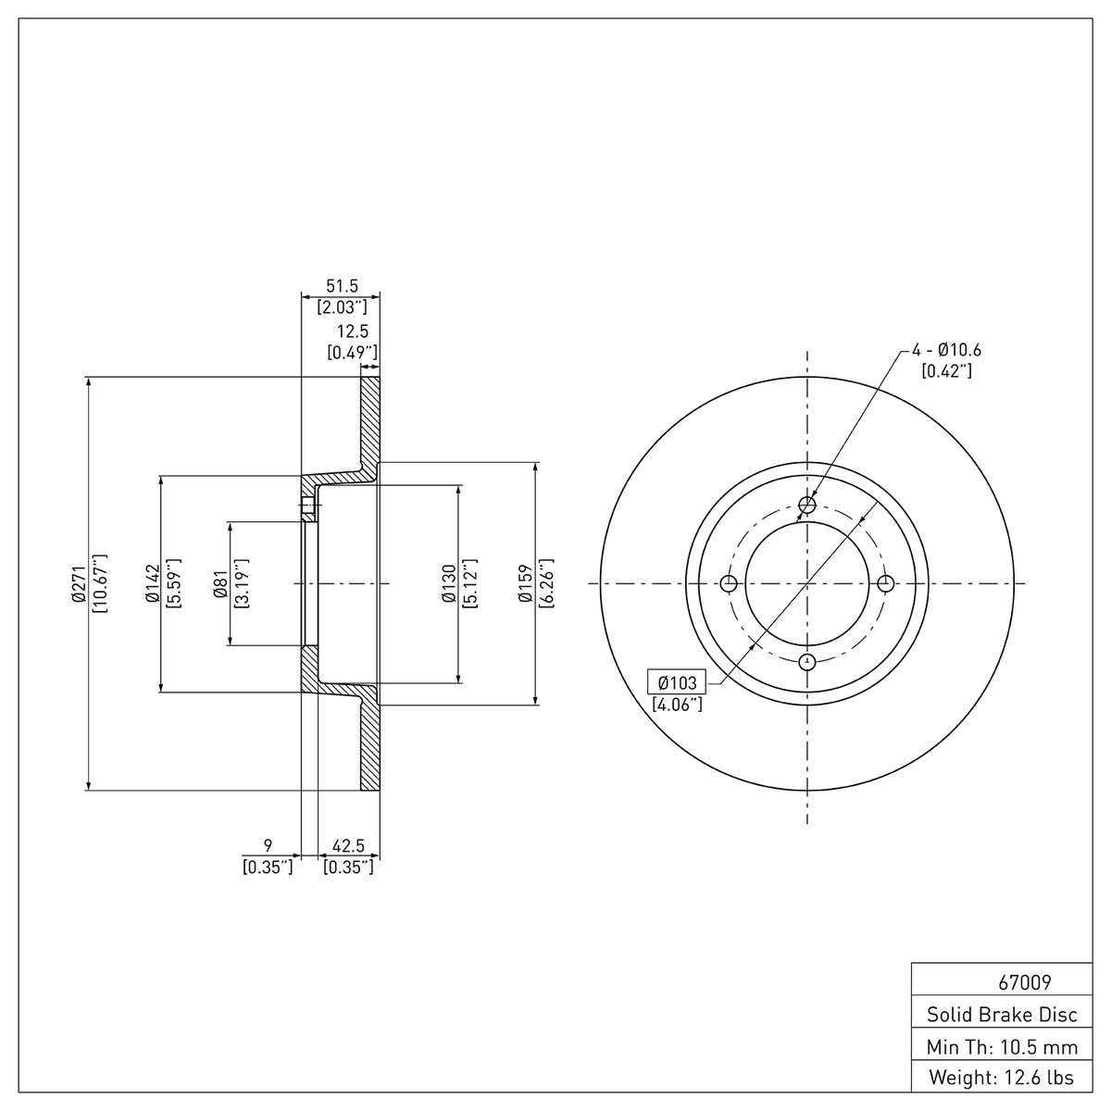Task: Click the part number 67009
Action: (x=1025, y=982)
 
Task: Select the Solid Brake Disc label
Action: (x=1002, y=1015)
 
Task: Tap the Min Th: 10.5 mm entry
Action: (x=1002, y=1047)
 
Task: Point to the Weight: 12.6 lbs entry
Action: (x=1002, y=1078)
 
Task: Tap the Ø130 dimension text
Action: (x=449, y=583)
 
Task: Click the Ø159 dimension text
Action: (x=525, y=583)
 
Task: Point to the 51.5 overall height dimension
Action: (x=342, y=285)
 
